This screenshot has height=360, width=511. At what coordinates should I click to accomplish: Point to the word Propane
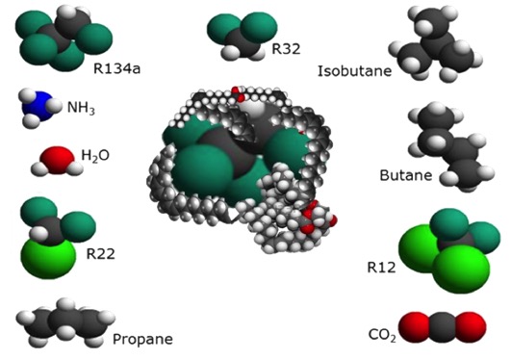point(142,339)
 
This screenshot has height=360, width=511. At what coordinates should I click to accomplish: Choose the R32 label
point(287,47)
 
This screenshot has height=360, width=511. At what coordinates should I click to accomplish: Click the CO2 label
point(382,335)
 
